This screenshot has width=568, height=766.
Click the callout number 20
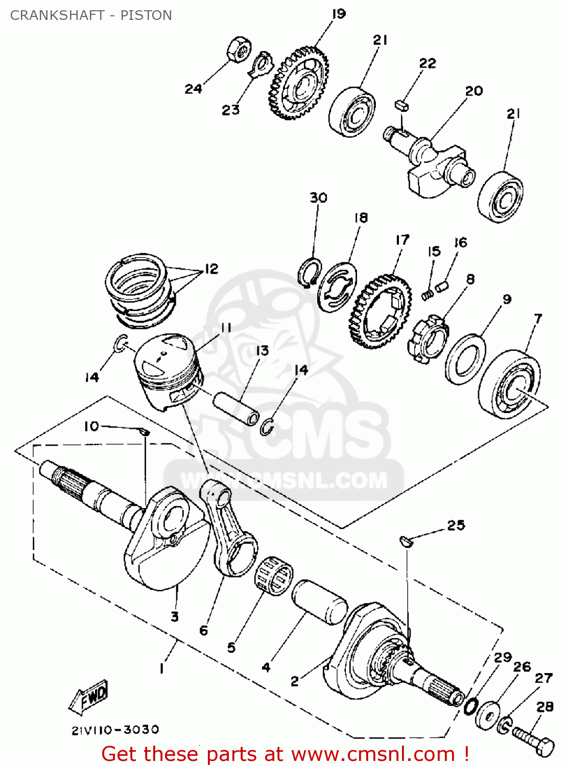pyautogui.click(x=474, y=91)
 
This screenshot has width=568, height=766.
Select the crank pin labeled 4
pyautogui.click(x=320, y=603)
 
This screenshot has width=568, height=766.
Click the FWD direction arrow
pyautogui.click(x=89, y=697)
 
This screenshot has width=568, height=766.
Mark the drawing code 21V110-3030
pyautogui.click(x=115, y=730)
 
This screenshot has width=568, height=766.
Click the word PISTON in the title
pyautogui.click(x=146, y=15)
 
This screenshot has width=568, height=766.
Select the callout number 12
pyautogui.click(x=211, y=269)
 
